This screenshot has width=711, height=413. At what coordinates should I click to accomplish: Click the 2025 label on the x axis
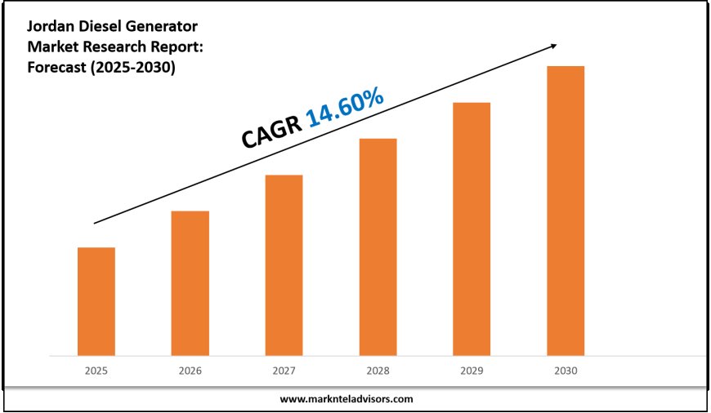click(x=96, y=371)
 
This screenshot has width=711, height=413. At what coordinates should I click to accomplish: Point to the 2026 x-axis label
click(x=190, y=371)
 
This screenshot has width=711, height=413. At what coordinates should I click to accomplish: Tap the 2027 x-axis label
click(x=284, y=371)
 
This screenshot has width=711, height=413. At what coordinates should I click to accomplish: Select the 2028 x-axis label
click(x=378, y=371)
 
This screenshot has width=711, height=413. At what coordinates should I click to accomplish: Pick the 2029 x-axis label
click(x=472, y=371)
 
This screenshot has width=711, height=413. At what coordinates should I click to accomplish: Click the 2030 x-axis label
click(x=566, y=371)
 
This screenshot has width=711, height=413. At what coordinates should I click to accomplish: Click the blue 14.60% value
click(x=344, y=109)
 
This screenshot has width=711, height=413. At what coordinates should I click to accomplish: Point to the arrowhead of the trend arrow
click(x=557, y=46)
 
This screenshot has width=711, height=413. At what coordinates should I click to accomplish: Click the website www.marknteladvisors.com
click(x=347, y=399)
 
